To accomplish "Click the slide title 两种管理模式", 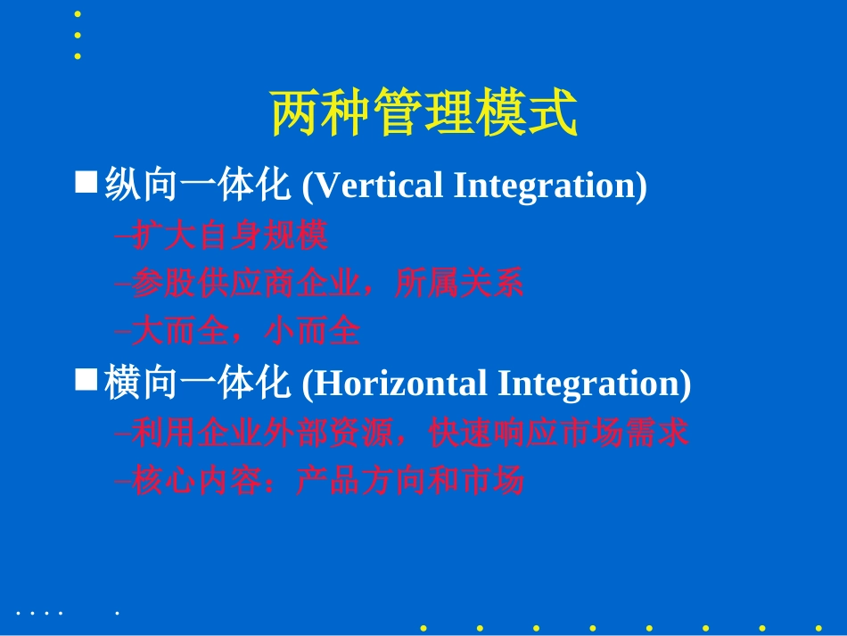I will click(x=423, y=113).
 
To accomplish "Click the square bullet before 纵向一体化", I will click(x=86, y=183).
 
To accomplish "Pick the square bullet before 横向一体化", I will click(x=86, y=381).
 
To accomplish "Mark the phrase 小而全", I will click(x=312, y=332).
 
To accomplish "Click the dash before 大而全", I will click(x=123, y=333).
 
